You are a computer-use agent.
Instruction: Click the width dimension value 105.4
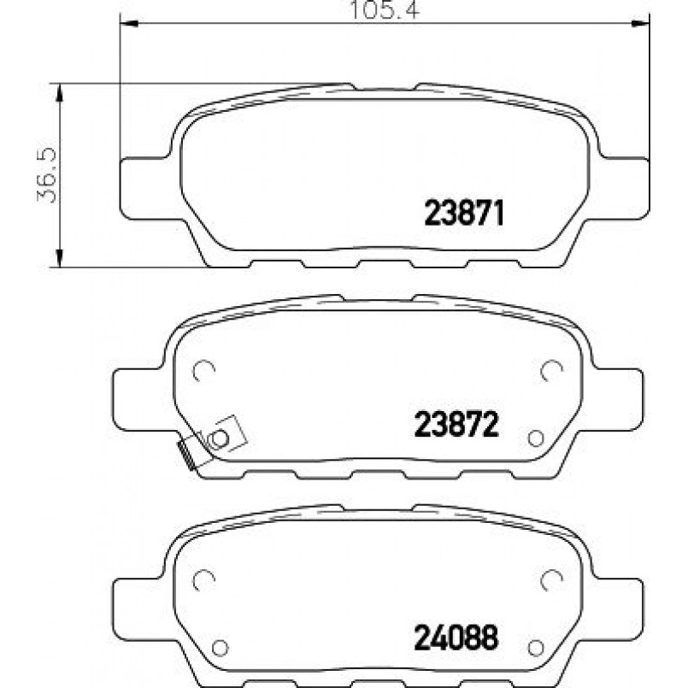(385, 9)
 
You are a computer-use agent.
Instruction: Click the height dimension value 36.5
(47, 175)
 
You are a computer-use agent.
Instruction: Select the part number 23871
(464, 213)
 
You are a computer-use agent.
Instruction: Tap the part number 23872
(456, 424)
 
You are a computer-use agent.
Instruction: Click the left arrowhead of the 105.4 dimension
(129, 23)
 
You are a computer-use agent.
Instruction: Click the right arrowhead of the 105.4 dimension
(640, 23)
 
